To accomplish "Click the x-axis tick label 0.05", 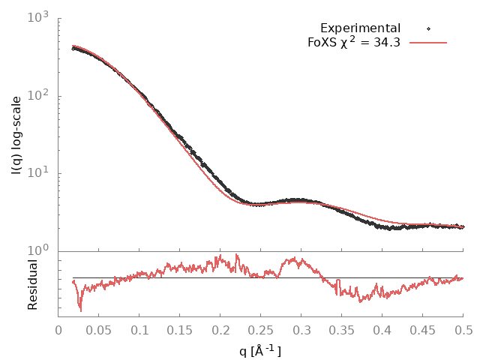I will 99,329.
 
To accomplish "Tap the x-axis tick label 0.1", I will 139,329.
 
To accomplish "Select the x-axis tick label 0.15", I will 180,329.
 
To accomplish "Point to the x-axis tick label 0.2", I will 220,329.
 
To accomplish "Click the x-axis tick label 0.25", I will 261,329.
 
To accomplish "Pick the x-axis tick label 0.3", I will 301,329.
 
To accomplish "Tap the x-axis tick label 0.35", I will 342,329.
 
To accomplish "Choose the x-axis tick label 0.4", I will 382,329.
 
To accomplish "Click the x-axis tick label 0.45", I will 423,329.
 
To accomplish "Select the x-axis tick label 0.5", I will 463,329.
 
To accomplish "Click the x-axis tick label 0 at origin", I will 58,329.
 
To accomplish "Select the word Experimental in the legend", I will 360,28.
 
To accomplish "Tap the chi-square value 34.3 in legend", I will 387,43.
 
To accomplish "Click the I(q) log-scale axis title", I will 16,135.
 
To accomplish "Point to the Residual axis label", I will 32,285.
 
